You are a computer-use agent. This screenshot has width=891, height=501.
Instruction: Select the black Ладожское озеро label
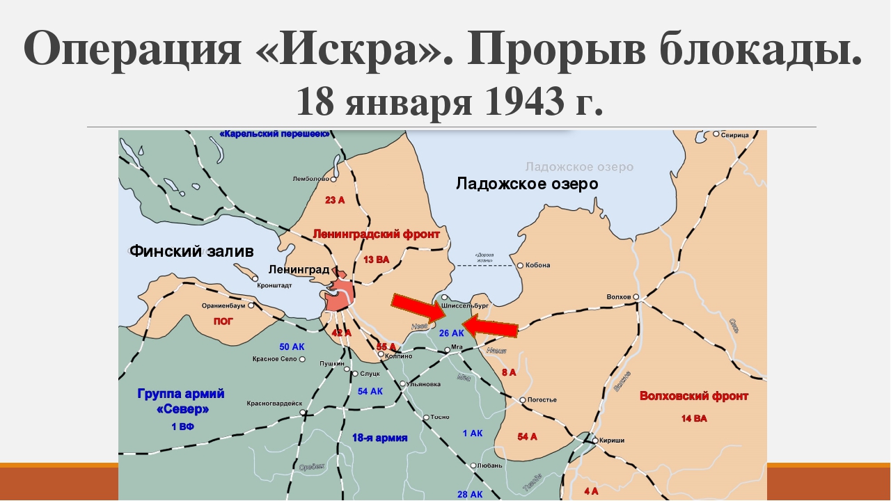point(527,184)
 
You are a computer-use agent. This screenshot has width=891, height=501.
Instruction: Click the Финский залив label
point(191,251)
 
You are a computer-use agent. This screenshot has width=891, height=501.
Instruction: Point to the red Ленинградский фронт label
point(376,234)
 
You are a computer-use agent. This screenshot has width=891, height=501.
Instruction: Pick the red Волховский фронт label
point(694,396)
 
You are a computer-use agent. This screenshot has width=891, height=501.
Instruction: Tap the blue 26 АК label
point(452,333)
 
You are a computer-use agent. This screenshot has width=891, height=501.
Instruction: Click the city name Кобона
point(538,265)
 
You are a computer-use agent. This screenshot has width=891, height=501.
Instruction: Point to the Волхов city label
point(618,297)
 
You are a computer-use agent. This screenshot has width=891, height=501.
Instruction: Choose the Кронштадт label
point(274,285)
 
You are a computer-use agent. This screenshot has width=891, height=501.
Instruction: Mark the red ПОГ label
point(223,321)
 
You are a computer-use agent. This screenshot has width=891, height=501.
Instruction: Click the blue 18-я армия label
point(379,438)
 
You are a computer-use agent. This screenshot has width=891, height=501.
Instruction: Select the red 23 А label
point(335,200)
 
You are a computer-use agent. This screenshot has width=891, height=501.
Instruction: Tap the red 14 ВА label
point(694,418)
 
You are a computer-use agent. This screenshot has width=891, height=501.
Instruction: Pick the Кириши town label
point(613,440)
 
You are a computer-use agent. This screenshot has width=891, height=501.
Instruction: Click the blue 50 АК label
point(292,347)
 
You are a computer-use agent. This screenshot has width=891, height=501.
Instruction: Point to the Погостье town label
point(543,400)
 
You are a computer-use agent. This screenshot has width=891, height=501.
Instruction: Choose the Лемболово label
point(310,179)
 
